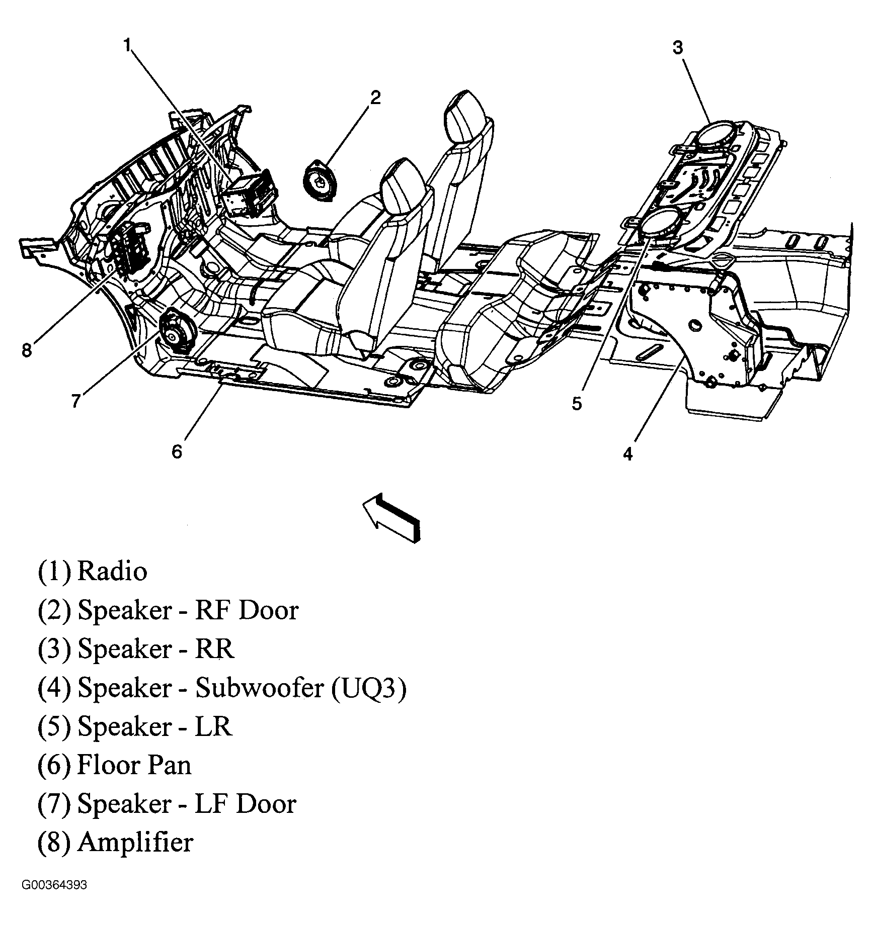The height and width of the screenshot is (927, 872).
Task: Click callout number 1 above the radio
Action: pos(128,47)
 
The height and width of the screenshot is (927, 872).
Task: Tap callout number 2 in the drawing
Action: pos(375,98)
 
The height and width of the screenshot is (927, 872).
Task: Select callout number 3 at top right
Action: pos(678,48)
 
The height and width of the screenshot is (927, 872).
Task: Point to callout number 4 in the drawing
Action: pos(627,454)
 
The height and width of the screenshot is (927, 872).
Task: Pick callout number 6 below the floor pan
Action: pos(177,452)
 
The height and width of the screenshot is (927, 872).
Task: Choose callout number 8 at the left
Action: pos(27,350)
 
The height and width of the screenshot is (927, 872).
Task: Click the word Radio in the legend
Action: pos(112,572)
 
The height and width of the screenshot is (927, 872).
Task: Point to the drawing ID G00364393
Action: pos(54,899)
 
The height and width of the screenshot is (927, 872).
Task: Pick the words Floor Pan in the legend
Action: pos(134,765)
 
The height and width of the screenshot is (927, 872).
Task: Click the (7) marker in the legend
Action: pos(54,804)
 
